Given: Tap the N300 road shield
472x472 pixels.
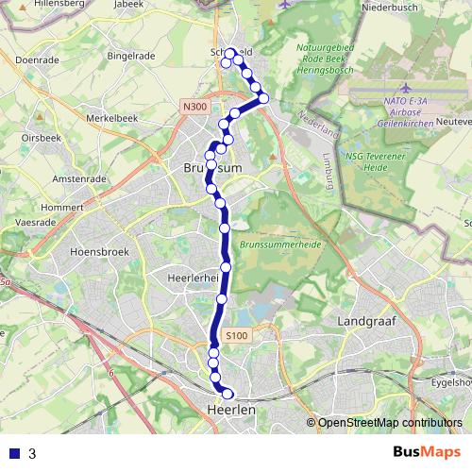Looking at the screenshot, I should point(196,108).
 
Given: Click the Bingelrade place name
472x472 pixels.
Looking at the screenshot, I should point(130,56).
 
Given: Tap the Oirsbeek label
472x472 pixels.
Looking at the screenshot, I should point(42,137).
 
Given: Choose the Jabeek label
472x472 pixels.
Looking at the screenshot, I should point(128,6).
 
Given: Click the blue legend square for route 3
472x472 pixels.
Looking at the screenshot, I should point(13,453).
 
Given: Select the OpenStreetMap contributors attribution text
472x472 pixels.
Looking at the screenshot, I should point(389,422).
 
